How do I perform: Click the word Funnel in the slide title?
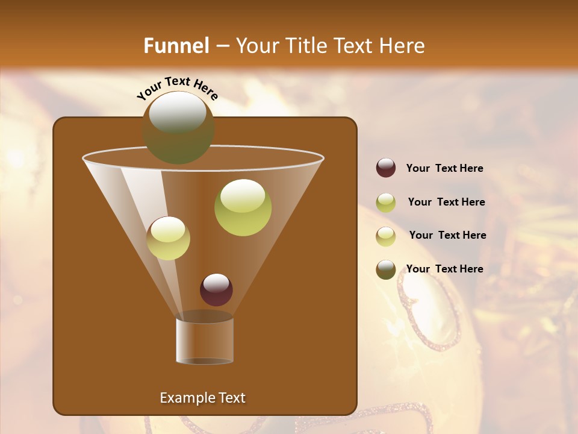(x=176, y=46)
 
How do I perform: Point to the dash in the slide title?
(x=222, y=46)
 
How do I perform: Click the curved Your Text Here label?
(x=177, y=88)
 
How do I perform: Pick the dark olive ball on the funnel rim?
(x=178, y=128)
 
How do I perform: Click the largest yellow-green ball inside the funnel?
(x=243, y=207)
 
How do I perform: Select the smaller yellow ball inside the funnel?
(x=169, y=238)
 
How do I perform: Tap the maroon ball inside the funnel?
(x=216, y=290)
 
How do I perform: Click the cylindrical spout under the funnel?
(x=205, y=339)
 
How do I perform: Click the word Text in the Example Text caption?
(x=231, y=398)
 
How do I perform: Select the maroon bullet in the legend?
(x=386, y=168)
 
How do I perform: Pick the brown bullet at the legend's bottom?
(x=386, y=269)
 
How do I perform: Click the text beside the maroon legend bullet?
(x=444, y=169)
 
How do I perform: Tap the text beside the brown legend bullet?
(x=444, y=269)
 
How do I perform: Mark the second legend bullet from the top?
(x=386, y=203)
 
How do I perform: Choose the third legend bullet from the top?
(x=386, y=236)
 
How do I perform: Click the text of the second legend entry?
(x=446, y=203)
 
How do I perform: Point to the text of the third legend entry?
(x=447, y=236)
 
